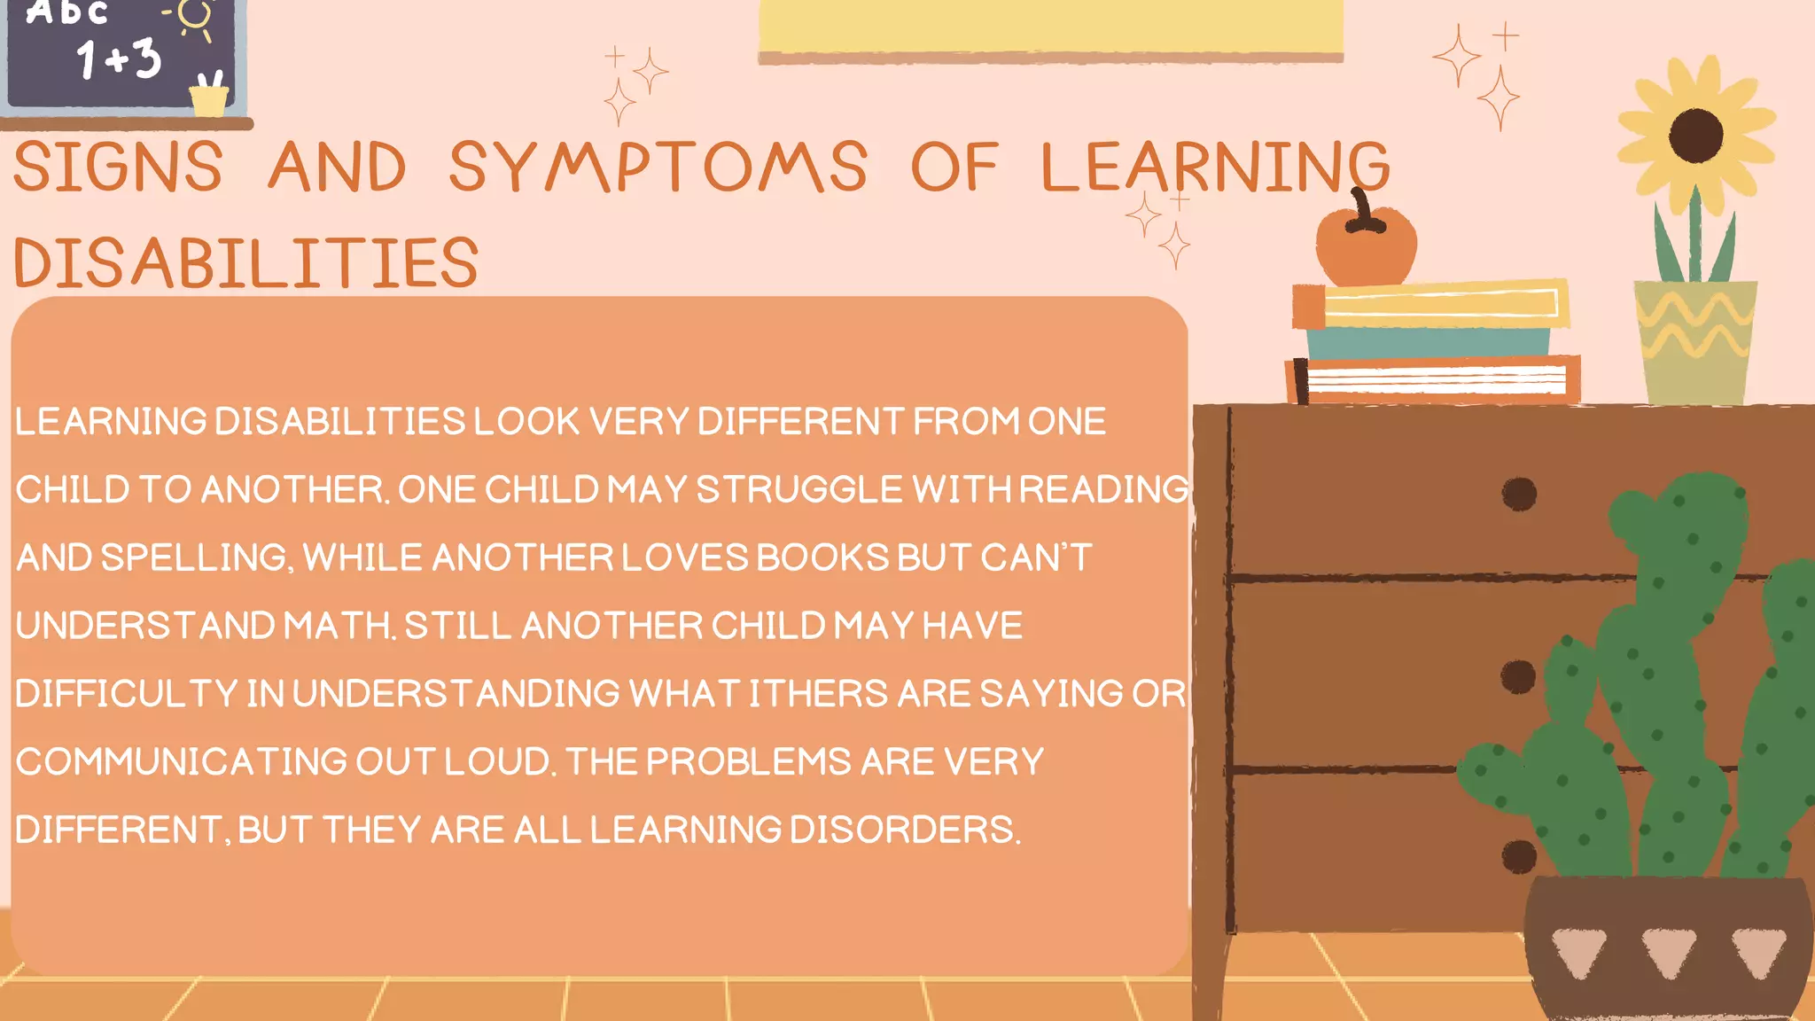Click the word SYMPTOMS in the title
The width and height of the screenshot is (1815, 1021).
[658, 167]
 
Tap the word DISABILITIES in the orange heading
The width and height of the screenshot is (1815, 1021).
[246, 263]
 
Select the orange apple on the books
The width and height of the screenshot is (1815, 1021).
[1366, 246]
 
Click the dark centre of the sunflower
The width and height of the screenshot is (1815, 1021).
[1695, 136]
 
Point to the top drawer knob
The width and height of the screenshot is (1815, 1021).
[1519, 494]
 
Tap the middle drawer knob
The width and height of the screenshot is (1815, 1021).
[1518, 676]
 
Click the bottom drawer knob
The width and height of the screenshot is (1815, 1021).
[1519, 856]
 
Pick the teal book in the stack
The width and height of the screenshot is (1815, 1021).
[1427, 341]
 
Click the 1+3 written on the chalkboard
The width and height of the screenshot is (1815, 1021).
[119, 58]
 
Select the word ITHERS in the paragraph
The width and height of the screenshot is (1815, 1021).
[818, 694]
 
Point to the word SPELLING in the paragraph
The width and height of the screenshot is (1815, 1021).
[194, 557]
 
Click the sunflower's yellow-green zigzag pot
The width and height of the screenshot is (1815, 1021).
[1694, 341]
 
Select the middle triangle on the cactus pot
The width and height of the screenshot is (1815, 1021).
[1668, 951]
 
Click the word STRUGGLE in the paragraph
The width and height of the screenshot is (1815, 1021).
[798, 489]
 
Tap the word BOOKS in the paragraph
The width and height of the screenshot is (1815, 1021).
[822, 557]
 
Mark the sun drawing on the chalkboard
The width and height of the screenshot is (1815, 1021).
[193, 16]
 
